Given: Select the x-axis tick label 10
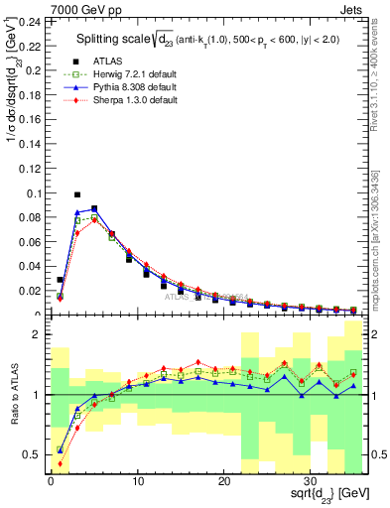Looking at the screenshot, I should [x=137, y=482].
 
